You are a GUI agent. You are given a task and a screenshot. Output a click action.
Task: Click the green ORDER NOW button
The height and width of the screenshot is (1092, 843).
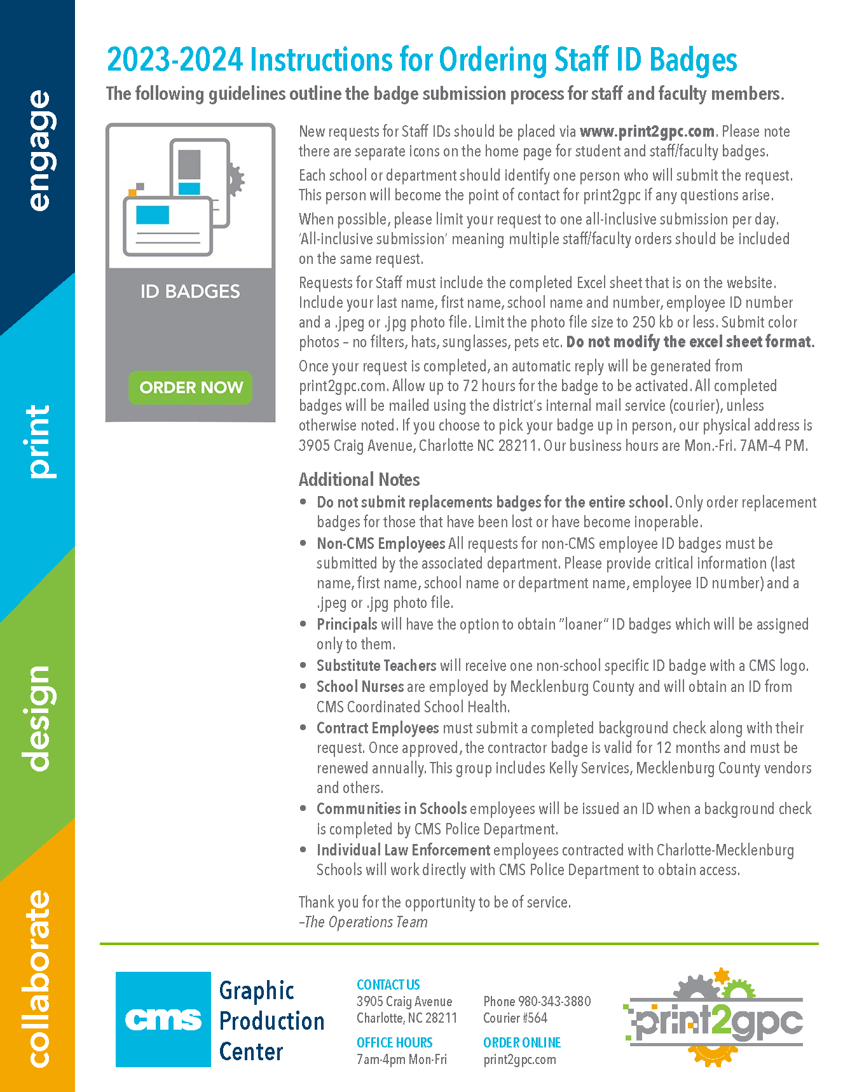point(191,387)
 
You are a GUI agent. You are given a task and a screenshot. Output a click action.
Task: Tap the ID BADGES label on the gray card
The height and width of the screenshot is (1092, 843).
point(190,291)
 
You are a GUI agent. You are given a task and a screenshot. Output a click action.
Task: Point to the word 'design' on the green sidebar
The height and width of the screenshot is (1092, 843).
point(37,718)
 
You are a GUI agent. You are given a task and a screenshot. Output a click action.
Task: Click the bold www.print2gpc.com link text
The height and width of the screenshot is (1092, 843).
point(647,132)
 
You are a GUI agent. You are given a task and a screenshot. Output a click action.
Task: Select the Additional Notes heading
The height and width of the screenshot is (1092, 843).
point(359,480)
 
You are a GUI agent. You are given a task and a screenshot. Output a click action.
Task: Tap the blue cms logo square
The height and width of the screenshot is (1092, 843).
point(163,1019)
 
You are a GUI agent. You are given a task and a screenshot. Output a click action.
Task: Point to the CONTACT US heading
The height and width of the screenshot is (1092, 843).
point(388,985)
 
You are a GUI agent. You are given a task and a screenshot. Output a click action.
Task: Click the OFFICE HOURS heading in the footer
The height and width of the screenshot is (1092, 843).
point(394,1042)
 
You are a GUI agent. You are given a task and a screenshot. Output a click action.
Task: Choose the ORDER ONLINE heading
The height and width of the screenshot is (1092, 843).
point(522,1042)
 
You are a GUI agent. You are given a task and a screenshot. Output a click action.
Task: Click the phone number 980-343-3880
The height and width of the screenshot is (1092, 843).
point(554,1002)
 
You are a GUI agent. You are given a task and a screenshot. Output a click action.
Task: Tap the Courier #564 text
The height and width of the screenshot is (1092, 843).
point(515,1018)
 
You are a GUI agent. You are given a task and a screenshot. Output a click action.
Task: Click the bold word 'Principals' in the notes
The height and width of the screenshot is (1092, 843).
point(346,625)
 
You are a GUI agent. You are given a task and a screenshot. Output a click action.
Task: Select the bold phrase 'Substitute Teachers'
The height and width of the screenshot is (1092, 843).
point(376,666)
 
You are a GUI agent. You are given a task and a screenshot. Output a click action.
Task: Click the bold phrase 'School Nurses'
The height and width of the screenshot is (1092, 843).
point(360,687)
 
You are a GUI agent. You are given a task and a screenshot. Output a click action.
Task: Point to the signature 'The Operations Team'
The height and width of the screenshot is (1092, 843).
point(366,922)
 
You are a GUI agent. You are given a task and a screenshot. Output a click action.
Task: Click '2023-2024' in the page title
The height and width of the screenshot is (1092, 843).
point(175,60)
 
